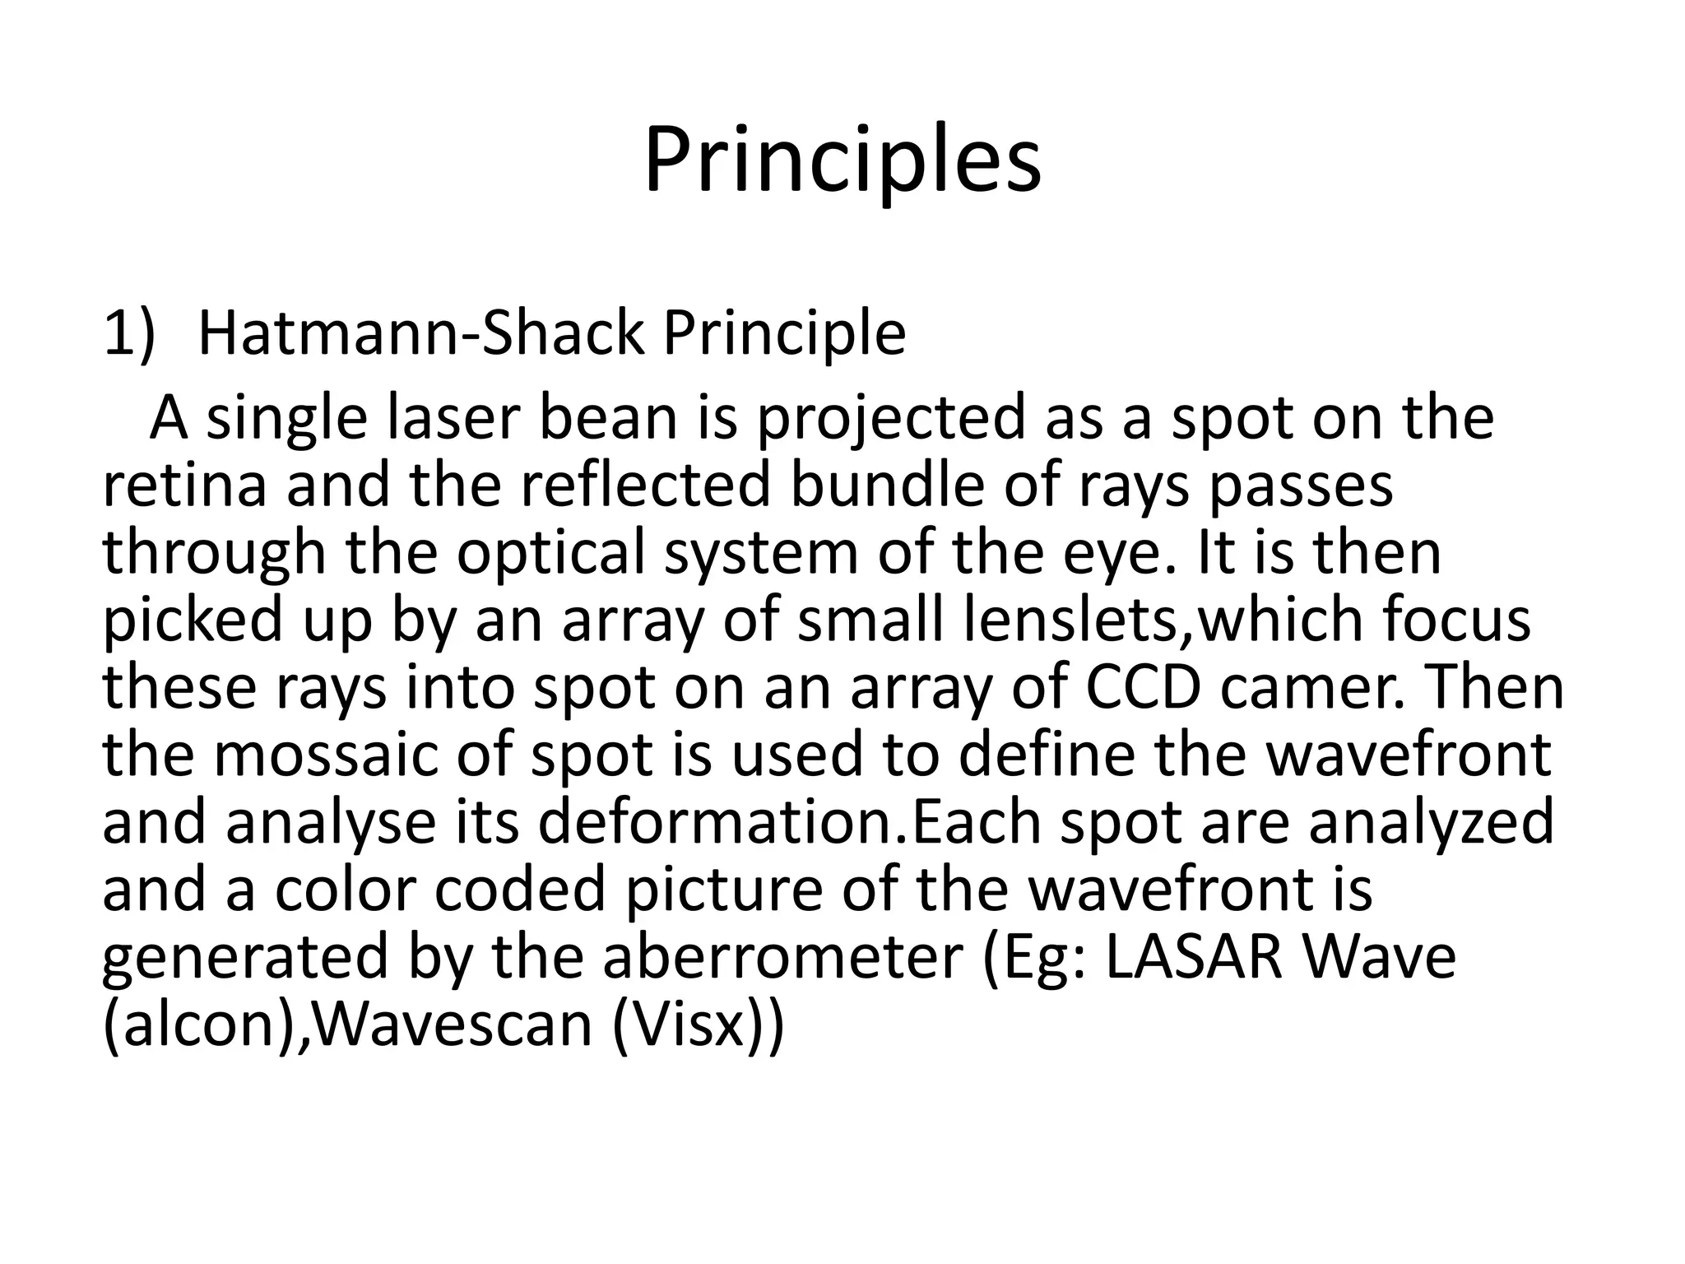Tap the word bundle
point(887,485)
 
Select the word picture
point(724,891)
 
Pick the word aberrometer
point(782,957)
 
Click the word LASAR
point(1194,957)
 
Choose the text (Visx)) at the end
point(699,1026)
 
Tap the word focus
point(1456,620)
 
